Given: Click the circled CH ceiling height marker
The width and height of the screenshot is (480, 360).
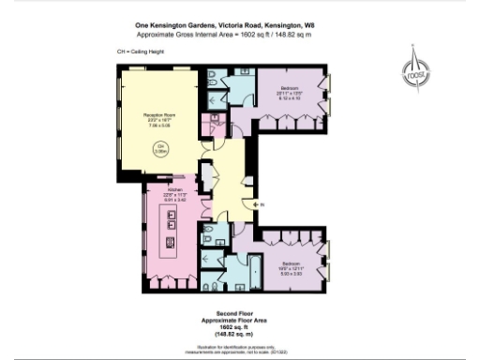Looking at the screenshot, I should point(160,148).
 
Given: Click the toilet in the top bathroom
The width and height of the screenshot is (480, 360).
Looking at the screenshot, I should point(215,76).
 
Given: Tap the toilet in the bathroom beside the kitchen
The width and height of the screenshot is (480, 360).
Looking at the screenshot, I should point(211,233).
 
